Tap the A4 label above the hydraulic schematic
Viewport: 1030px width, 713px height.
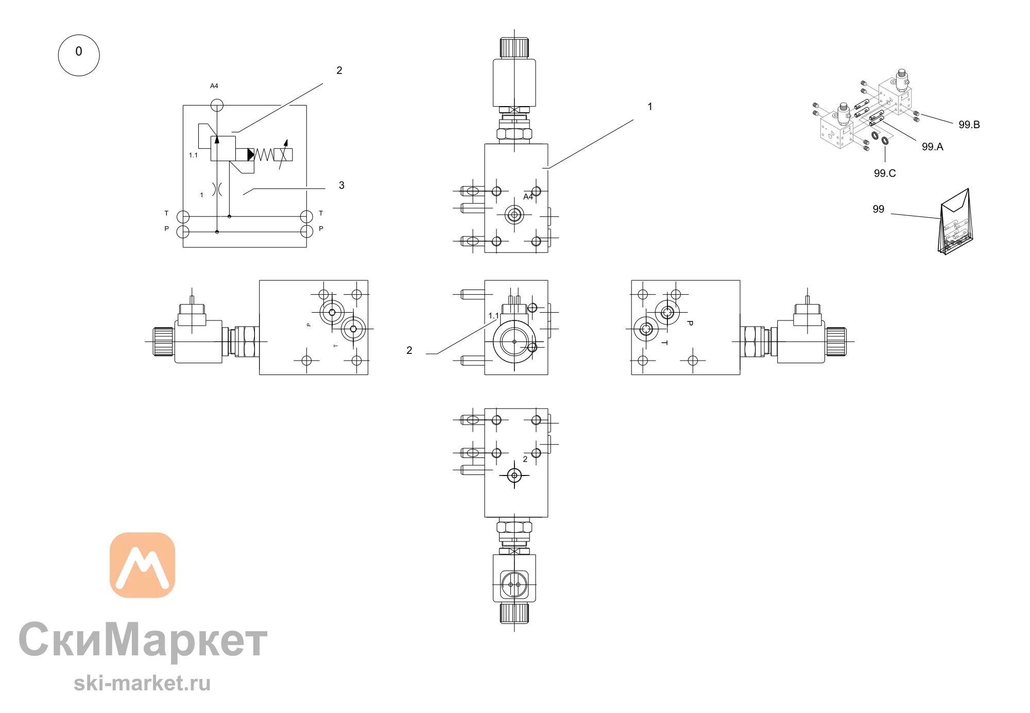pos(214,86)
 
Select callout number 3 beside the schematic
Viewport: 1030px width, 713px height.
pos(341,185)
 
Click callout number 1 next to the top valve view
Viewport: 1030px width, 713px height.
pos(650,107)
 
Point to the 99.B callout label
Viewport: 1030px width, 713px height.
pos(969,125)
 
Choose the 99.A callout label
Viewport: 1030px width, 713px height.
pos(932,147)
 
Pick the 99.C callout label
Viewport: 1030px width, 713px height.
pos(885,174)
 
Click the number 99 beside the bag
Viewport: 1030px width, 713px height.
pos(878,209)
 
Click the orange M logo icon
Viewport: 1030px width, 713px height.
pos(143,565)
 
